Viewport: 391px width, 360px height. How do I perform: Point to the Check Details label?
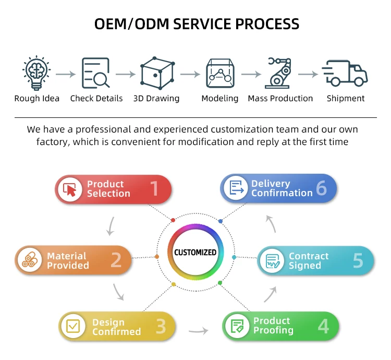[x=96, y=98]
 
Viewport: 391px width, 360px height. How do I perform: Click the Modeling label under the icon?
[x=220, y=98]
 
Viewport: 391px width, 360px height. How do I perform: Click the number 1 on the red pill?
[x=154, y=189]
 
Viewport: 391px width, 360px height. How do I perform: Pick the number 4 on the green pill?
[x=323, y=327]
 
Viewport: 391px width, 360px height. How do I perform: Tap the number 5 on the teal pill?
[x=358, y=260]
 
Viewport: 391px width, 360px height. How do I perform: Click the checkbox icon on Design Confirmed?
[x=73, y=327]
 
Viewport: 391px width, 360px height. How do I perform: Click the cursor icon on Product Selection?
[x=69, y=189]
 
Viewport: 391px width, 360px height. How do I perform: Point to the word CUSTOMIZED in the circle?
[x=195, y=253]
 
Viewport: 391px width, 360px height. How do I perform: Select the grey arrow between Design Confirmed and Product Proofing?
[x=198, y=330]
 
